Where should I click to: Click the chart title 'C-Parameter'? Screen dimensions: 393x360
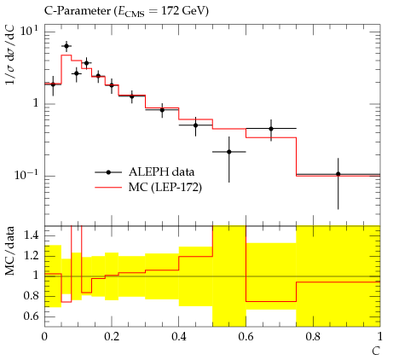(78, 11)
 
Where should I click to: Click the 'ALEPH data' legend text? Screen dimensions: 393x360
(161, 172)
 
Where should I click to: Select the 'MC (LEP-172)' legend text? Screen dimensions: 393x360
(165, 188)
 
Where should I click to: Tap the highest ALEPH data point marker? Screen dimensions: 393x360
(66, 46)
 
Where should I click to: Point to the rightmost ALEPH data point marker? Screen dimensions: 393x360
(338, 174)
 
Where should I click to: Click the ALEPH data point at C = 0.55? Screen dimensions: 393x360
(229, 152)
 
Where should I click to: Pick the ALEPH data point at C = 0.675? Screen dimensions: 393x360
(271, 129)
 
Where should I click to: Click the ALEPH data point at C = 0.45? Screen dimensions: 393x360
(195, 125)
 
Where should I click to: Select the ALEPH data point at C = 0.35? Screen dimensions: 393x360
(162, 110)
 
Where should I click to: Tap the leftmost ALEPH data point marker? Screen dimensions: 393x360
(53, 84)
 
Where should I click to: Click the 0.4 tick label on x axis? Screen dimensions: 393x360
(179, 337)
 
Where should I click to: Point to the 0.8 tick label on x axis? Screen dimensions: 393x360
(313, 337)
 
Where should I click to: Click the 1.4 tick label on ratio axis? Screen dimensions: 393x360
(32, 235)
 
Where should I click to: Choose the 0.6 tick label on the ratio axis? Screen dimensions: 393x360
(32, 316)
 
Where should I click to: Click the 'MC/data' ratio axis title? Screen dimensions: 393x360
(10, 251)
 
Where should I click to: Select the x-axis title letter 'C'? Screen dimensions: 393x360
(376, 351)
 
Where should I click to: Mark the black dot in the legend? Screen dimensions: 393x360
(108, 172)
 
